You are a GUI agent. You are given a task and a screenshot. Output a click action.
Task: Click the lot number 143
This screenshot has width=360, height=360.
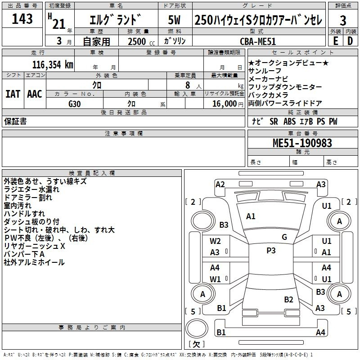(22, 19)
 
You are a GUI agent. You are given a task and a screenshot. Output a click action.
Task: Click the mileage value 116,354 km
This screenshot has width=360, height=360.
(53, 65)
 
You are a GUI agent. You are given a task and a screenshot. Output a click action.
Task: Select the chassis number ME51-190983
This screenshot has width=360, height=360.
(302, 143)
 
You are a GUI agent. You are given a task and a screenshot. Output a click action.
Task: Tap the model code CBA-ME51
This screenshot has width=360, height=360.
(257, 41)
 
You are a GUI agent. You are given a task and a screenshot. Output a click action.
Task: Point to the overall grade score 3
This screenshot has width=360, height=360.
(343, 21)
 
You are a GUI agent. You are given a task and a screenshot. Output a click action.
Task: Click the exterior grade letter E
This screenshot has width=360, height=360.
(336, 41)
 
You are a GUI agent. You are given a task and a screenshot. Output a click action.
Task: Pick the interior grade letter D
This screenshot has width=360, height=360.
(350, 41)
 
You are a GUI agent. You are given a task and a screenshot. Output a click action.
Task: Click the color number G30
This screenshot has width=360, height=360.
(75, 104)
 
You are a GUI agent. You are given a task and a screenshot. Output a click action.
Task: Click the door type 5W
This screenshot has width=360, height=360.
(175, 20)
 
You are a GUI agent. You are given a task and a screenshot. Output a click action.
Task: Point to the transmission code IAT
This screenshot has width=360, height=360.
(13, 94)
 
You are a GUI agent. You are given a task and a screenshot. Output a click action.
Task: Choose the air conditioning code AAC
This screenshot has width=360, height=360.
(35, 94)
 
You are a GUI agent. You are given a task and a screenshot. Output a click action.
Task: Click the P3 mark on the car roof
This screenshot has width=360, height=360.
(271, 251)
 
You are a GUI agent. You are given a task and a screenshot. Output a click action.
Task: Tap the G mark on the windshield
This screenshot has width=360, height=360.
(284, 237)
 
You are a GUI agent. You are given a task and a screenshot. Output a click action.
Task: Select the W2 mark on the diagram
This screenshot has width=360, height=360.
(215, 241)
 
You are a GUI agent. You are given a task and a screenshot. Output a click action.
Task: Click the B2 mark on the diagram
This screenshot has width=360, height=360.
(288, 299)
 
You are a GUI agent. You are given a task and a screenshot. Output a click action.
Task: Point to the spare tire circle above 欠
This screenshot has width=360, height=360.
(197, 328)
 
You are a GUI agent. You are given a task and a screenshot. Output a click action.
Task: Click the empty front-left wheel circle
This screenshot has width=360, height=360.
(203, 221)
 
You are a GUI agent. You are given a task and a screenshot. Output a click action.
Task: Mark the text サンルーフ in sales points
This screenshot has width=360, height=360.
(265, 71)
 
